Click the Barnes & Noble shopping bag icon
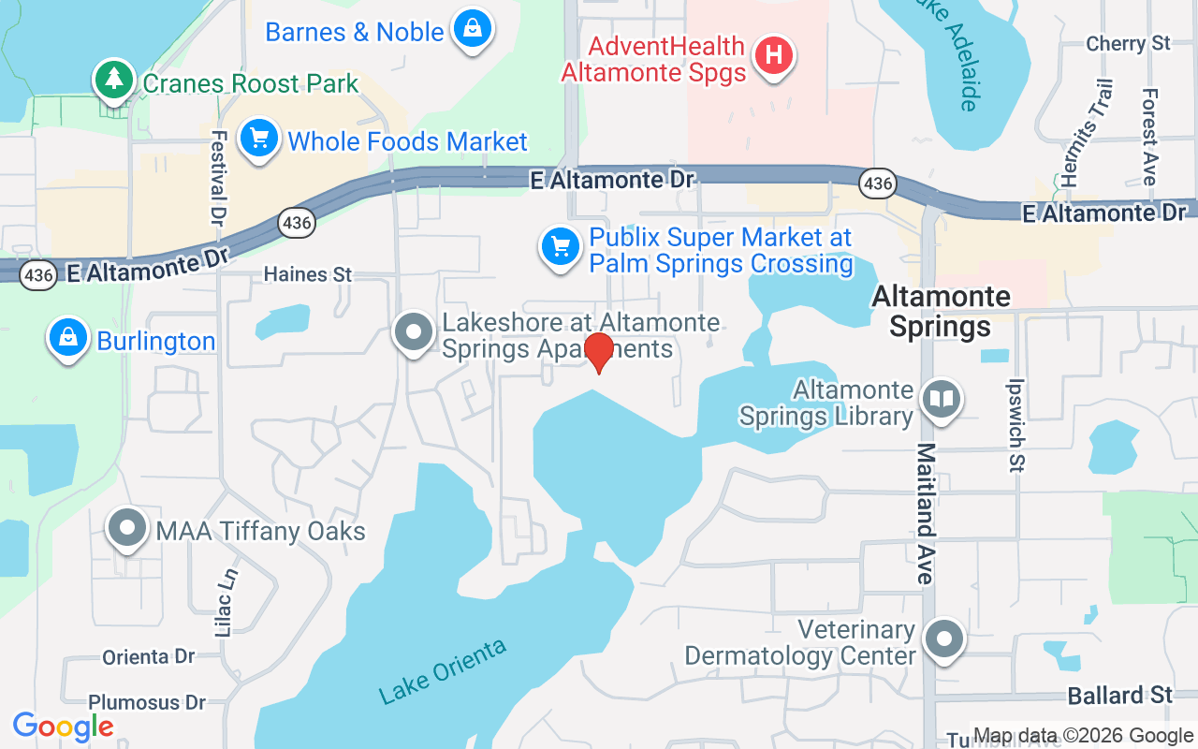point(474,29)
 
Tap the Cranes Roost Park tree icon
point(114,79)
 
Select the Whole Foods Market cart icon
point(259,140)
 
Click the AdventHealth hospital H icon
point(773,55)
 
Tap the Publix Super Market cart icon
point(560,248)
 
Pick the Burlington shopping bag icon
point(67,338)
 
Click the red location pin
point(598,352)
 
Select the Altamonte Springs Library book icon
point(942,400)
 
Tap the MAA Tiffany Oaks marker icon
point(126,528)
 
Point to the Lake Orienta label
point(443,671)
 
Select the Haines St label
point(308,274)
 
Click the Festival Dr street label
point(219,177)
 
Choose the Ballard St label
point(1120,695)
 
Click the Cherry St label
point(1128,43)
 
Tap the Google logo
point(64,727)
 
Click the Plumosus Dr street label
point(147,702)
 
